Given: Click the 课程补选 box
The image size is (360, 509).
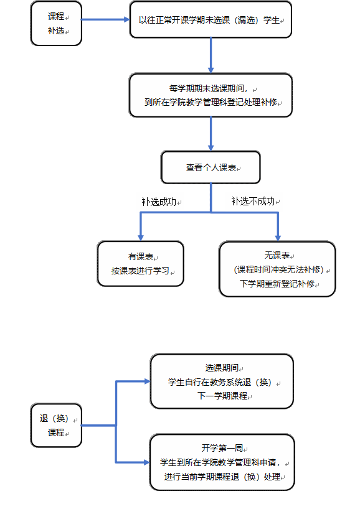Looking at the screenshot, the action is [x=56, y=24].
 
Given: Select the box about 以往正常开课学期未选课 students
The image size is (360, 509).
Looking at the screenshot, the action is [x=211, y=19].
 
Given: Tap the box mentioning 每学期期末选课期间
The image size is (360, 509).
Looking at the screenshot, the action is [x=211, y=95].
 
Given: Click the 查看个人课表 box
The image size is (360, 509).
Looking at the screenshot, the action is [x=211, y=167].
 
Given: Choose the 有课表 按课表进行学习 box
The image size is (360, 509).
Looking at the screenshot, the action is [x=140, y=264].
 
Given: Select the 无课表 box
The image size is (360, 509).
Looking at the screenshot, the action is [x=277, y=269].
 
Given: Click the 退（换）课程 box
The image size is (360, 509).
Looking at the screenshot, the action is [x=56, y=425].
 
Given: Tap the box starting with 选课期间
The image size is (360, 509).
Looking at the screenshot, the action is [x=222, y=381].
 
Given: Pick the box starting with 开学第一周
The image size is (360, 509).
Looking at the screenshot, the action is [x=222, y=462].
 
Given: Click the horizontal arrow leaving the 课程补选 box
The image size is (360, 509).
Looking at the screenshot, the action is [x=105, y=19].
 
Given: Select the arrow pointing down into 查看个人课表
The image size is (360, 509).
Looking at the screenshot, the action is [x=211, y=134].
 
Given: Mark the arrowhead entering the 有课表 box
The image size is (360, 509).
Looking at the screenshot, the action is [x=141, y=238].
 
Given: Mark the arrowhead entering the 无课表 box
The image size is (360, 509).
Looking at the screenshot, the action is [x=278, y=238].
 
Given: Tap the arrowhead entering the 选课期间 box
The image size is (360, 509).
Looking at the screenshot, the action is [x=147, y=381].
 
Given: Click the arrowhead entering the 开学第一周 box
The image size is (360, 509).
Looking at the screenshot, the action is [x=146, y=462].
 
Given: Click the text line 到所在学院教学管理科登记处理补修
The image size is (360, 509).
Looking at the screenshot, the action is [x=211, y=102].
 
